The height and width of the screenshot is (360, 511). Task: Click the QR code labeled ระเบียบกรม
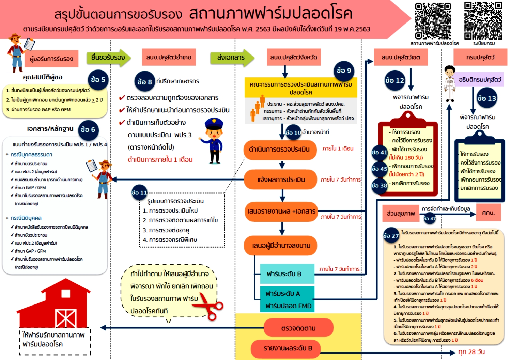483,21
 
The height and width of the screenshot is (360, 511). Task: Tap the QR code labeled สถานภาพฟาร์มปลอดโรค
433,21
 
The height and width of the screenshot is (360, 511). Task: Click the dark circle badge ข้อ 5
98,80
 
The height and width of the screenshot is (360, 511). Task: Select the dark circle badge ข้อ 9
344,71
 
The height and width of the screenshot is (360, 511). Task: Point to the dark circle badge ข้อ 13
486,98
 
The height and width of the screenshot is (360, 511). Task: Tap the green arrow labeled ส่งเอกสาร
232,58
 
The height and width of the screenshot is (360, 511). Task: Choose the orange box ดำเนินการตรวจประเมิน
279,150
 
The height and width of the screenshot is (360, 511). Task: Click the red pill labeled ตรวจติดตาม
298,328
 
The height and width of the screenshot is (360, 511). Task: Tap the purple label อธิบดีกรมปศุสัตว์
480,80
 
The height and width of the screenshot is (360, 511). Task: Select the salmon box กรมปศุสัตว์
480,58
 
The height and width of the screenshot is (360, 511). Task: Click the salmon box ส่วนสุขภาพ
401,214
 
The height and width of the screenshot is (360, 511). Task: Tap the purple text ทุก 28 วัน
471,352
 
